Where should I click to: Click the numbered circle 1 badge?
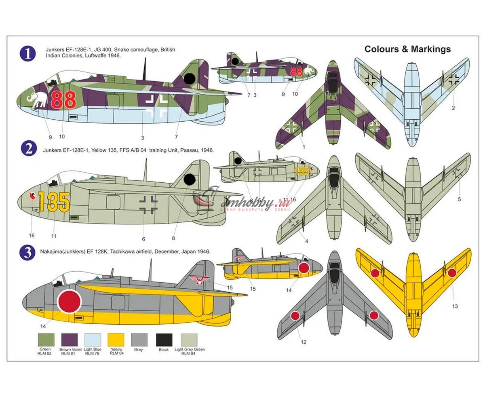click(28, 54)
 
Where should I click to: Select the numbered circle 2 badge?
click(28, 149)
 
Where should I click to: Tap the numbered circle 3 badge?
click(28, 253)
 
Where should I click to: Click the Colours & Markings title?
click(407, 49)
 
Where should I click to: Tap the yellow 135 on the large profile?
click(54, 201)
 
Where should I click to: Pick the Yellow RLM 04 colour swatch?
click(116, 340)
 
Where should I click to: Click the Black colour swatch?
click(164, 340)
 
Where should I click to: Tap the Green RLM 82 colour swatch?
click(45, 340)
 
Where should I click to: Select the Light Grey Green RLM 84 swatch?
click(189, 340)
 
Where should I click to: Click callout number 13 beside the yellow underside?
click(455, 306)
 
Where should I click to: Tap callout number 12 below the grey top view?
click(304, 342)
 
